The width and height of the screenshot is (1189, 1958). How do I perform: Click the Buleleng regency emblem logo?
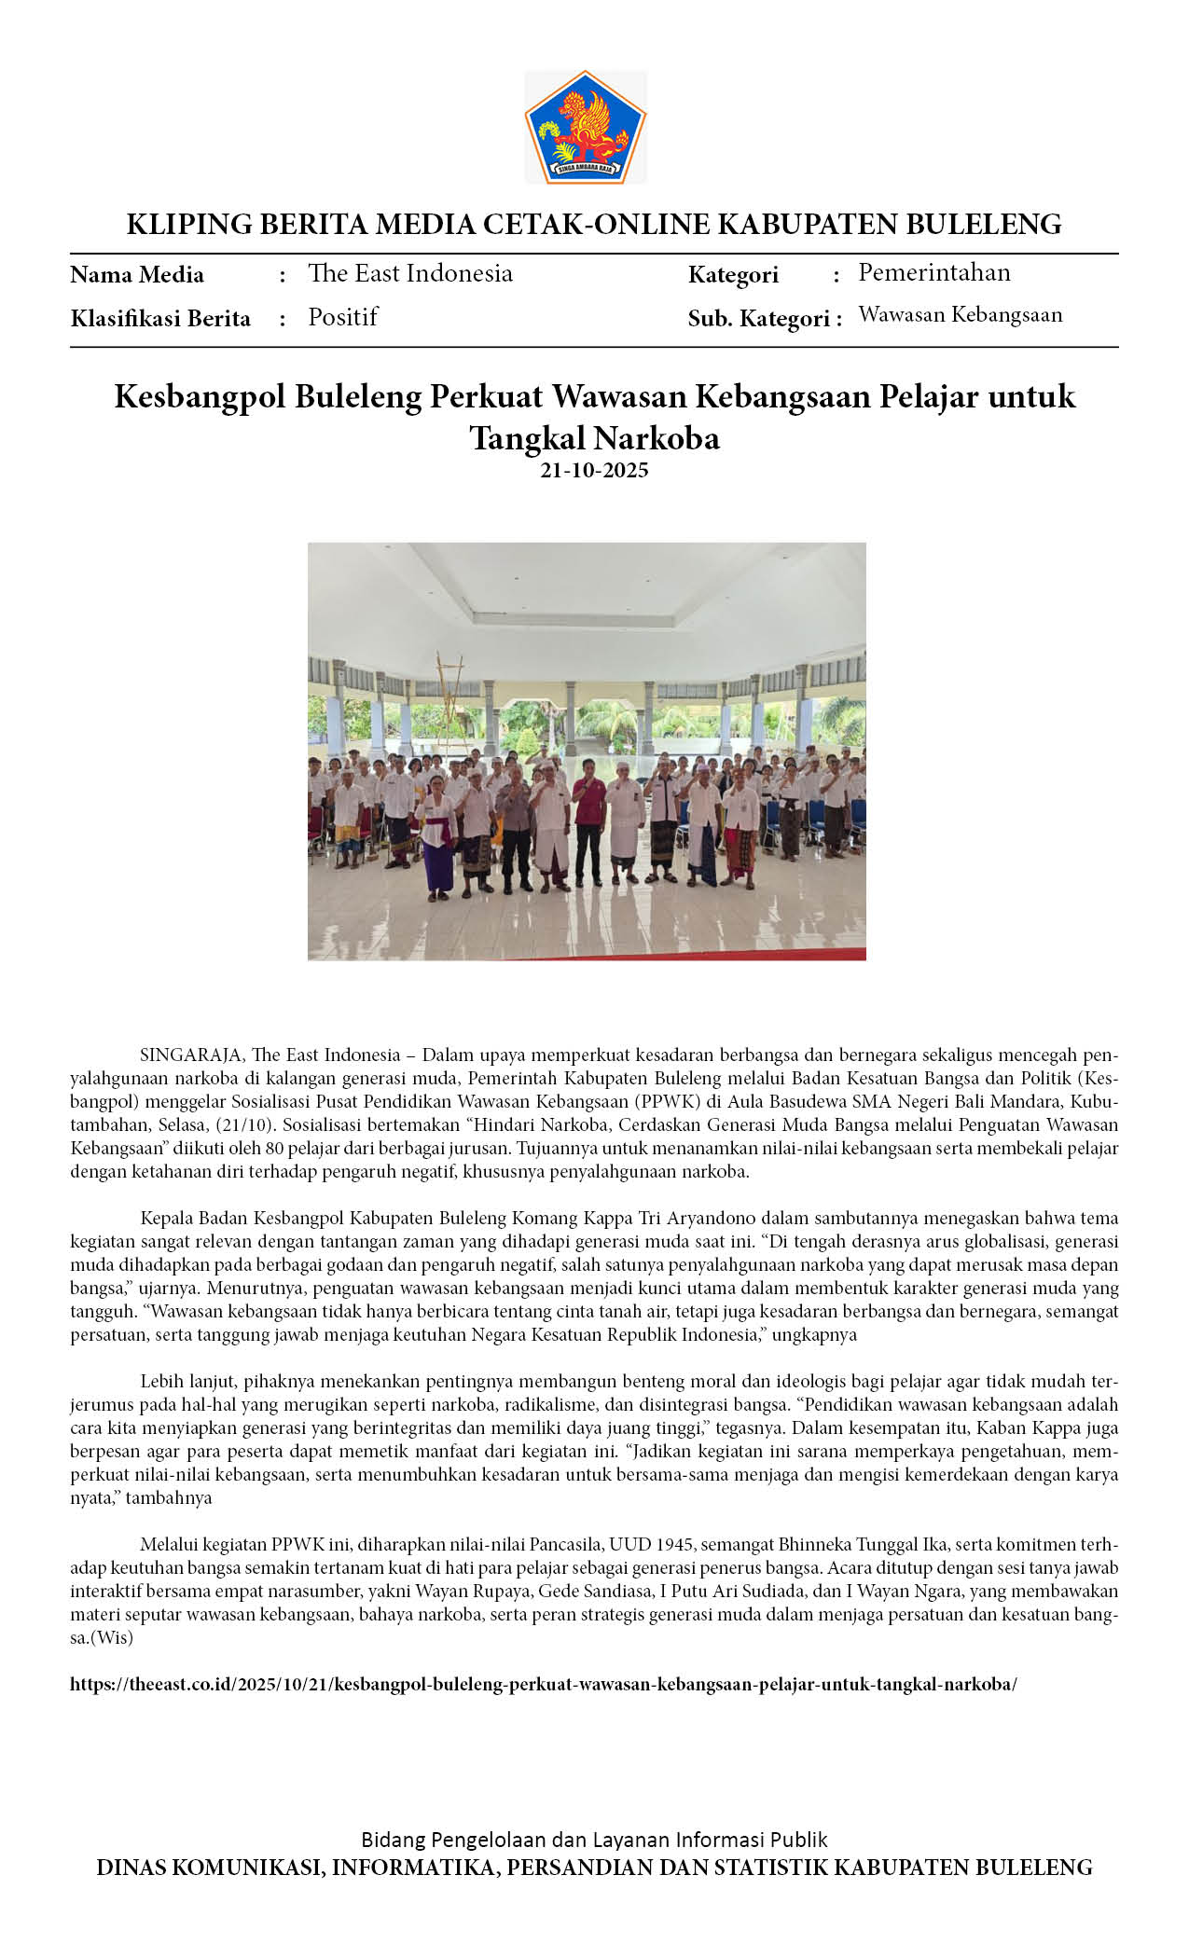tap(585, 127)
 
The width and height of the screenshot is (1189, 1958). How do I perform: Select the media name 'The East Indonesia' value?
tap(409, 273)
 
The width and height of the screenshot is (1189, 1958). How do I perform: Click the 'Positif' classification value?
tap(342, 317)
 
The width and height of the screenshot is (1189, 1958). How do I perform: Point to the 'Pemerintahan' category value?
tap(933, 272)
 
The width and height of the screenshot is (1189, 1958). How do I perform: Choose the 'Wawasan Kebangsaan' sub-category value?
tap(960, 315)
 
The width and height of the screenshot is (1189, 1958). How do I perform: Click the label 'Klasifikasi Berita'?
tap(160, 319)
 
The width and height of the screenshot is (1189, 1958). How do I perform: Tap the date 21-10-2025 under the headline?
tap(594, 470)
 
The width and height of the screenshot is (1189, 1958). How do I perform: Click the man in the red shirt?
tap(588, 820)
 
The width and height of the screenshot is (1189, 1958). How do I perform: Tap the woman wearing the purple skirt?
tap(436, 839)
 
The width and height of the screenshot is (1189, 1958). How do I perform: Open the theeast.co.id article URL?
tap(543, 1684)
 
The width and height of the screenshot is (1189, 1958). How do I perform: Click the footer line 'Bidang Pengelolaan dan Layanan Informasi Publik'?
tap(594, 1840)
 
